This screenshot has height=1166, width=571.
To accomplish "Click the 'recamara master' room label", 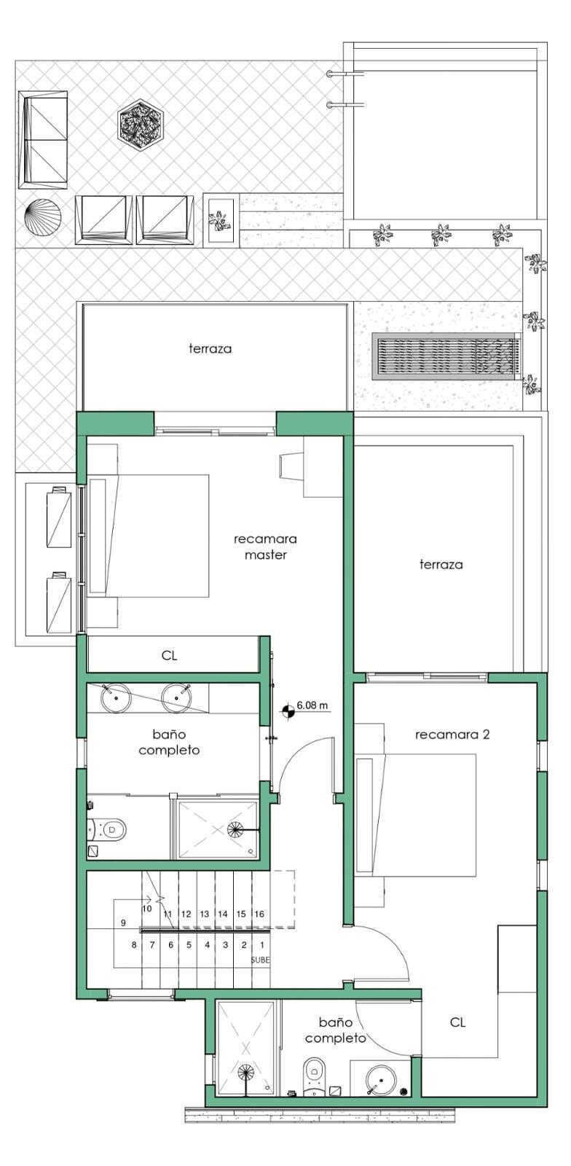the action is (266, 547).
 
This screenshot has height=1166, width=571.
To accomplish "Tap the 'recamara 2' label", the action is (452, 735).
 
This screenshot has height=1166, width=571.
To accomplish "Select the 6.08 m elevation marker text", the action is (312, 706).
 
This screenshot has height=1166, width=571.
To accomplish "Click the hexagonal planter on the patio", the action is (141, 125).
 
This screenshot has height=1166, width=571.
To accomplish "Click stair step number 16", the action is (259, 914).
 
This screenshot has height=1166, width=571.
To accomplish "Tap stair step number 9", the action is (123, 923).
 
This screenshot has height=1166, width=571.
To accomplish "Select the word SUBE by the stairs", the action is (261, 960).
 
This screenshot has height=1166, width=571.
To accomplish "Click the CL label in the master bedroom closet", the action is (169, 655).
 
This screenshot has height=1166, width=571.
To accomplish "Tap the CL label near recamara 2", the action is (457, 1022).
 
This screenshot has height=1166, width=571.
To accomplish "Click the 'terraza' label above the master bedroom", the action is (210, 348).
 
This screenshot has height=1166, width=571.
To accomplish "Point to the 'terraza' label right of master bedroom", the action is (441, 564).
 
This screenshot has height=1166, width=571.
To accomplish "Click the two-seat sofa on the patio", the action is (43, 139).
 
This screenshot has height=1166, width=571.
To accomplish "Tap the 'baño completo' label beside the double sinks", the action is (169, 742).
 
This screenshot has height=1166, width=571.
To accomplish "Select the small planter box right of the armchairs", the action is (221, 219).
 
